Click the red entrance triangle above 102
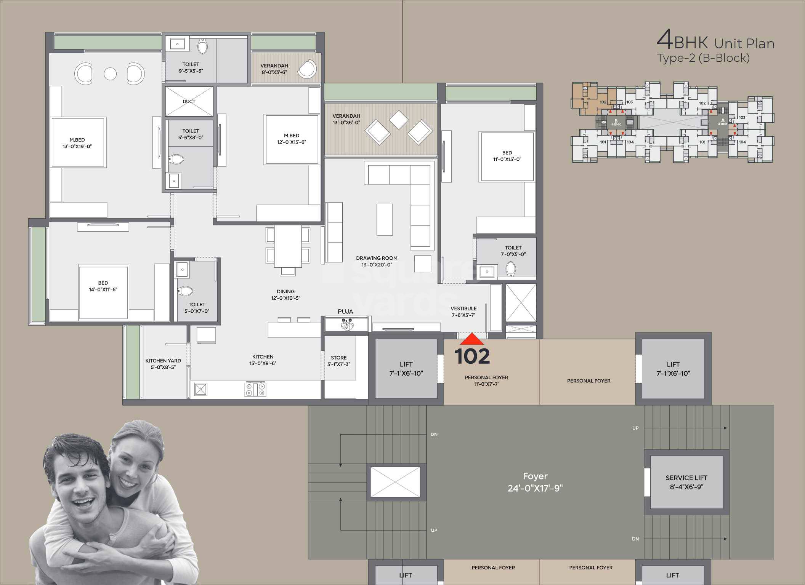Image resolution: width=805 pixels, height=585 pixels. pyautogui.click(x=472, y=339)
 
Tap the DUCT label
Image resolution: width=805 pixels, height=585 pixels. pyautogui.click(x=189, y=101)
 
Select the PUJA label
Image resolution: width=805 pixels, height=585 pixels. pyautogui.click(x=345, y=312)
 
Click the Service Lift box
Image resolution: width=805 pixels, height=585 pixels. pyautogui.click(x=686, y=482)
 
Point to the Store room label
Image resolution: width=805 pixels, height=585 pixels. pyautogui.click(x=338, y=360)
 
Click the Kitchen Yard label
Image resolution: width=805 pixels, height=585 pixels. pyautogui.click(x=163, y=364)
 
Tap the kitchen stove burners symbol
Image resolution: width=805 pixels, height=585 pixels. pyautogui.click(x=255, y=390)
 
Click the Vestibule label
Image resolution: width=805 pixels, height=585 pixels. pyautogui.click(x=463, y=312)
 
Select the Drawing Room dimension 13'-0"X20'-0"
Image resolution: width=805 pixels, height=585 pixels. pyautogui.click(x=377, y=265)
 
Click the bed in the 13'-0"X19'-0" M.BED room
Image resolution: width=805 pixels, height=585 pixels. pyautogui.click(x=78, y=142)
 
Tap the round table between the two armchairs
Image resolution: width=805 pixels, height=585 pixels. pyautogui.click(x=110, y=74)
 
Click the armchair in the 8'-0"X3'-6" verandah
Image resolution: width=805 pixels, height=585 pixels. pyautogui.click(x=307, y=69)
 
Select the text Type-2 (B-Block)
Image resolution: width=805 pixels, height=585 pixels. pyautogui.click(x=703, y=58)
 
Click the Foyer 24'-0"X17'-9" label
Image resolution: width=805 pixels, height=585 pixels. pyautogui.click(x=535, y=482)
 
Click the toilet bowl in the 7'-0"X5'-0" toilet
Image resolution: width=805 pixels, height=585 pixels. pyautogui.click(x=511, y=269)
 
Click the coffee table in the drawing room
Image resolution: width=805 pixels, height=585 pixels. pyautogui.click(x=385, y=219)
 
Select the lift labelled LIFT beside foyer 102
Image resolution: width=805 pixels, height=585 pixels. pyautogui.click(x=406, y=369)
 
